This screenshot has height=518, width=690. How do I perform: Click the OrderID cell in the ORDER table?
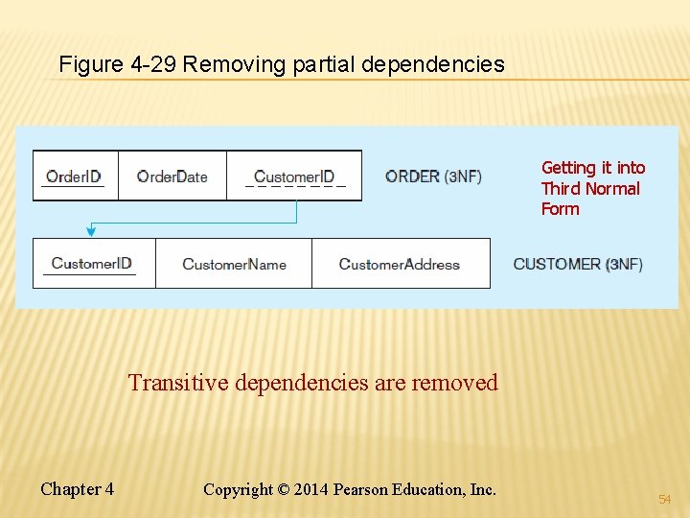pyautogui.click(x=75, y=177)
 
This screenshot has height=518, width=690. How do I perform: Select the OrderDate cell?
pyautogui.click(x=172, y=177)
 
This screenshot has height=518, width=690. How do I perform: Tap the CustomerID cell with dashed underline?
pyautogui.click(x=294, y=177)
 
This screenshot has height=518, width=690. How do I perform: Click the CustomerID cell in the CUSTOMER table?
pyautogui.click(x=92, y=264)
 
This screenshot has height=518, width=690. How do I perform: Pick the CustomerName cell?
pyautogui.click(x=234, y=264)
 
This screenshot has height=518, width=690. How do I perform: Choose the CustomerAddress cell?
pyautogui.click(x=400, y=264)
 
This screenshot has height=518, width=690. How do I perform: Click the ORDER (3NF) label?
pyautogui.click(x=433, y=177)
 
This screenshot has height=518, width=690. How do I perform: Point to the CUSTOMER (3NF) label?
pyautogui.click(x=578, y=264)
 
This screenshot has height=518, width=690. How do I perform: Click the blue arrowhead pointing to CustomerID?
pyautogui.click(x=91, y=230)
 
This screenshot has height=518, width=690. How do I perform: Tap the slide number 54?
pyautogui.click(x=665, y=500)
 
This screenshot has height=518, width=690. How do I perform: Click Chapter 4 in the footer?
pyautogui.click(x=77, y=489)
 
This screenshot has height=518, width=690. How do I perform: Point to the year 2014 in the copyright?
pyautogui.click(x=309, y=489)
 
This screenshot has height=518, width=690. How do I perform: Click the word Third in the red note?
pyautogui.click(x=561, y=188)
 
